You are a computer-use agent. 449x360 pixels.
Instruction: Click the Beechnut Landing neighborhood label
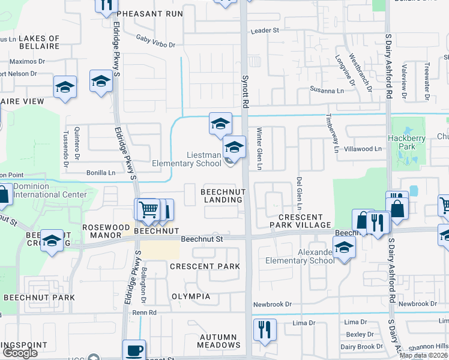[223, 195]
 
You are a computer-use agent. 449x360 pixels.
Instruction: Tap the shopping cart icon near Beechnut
[148, 209]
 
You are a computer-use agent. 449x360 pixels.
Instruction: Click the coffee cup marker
[134, 350]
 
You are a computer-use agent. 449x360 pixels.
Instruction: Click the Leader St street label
[265, 30]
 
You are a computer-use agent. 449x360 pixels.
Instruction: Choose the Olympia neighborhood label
[191, 296]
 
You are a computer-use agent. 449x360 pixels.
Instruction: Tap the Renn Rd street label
[145, 313]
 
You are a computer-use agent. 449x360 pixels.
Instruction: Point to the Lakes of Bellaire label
[39, 42]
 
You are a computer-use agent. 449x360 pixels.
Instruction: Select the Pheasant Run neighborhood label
[150, 13]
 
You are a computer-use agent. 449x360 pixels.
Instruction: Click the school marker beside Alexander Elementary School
[344, 247]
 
